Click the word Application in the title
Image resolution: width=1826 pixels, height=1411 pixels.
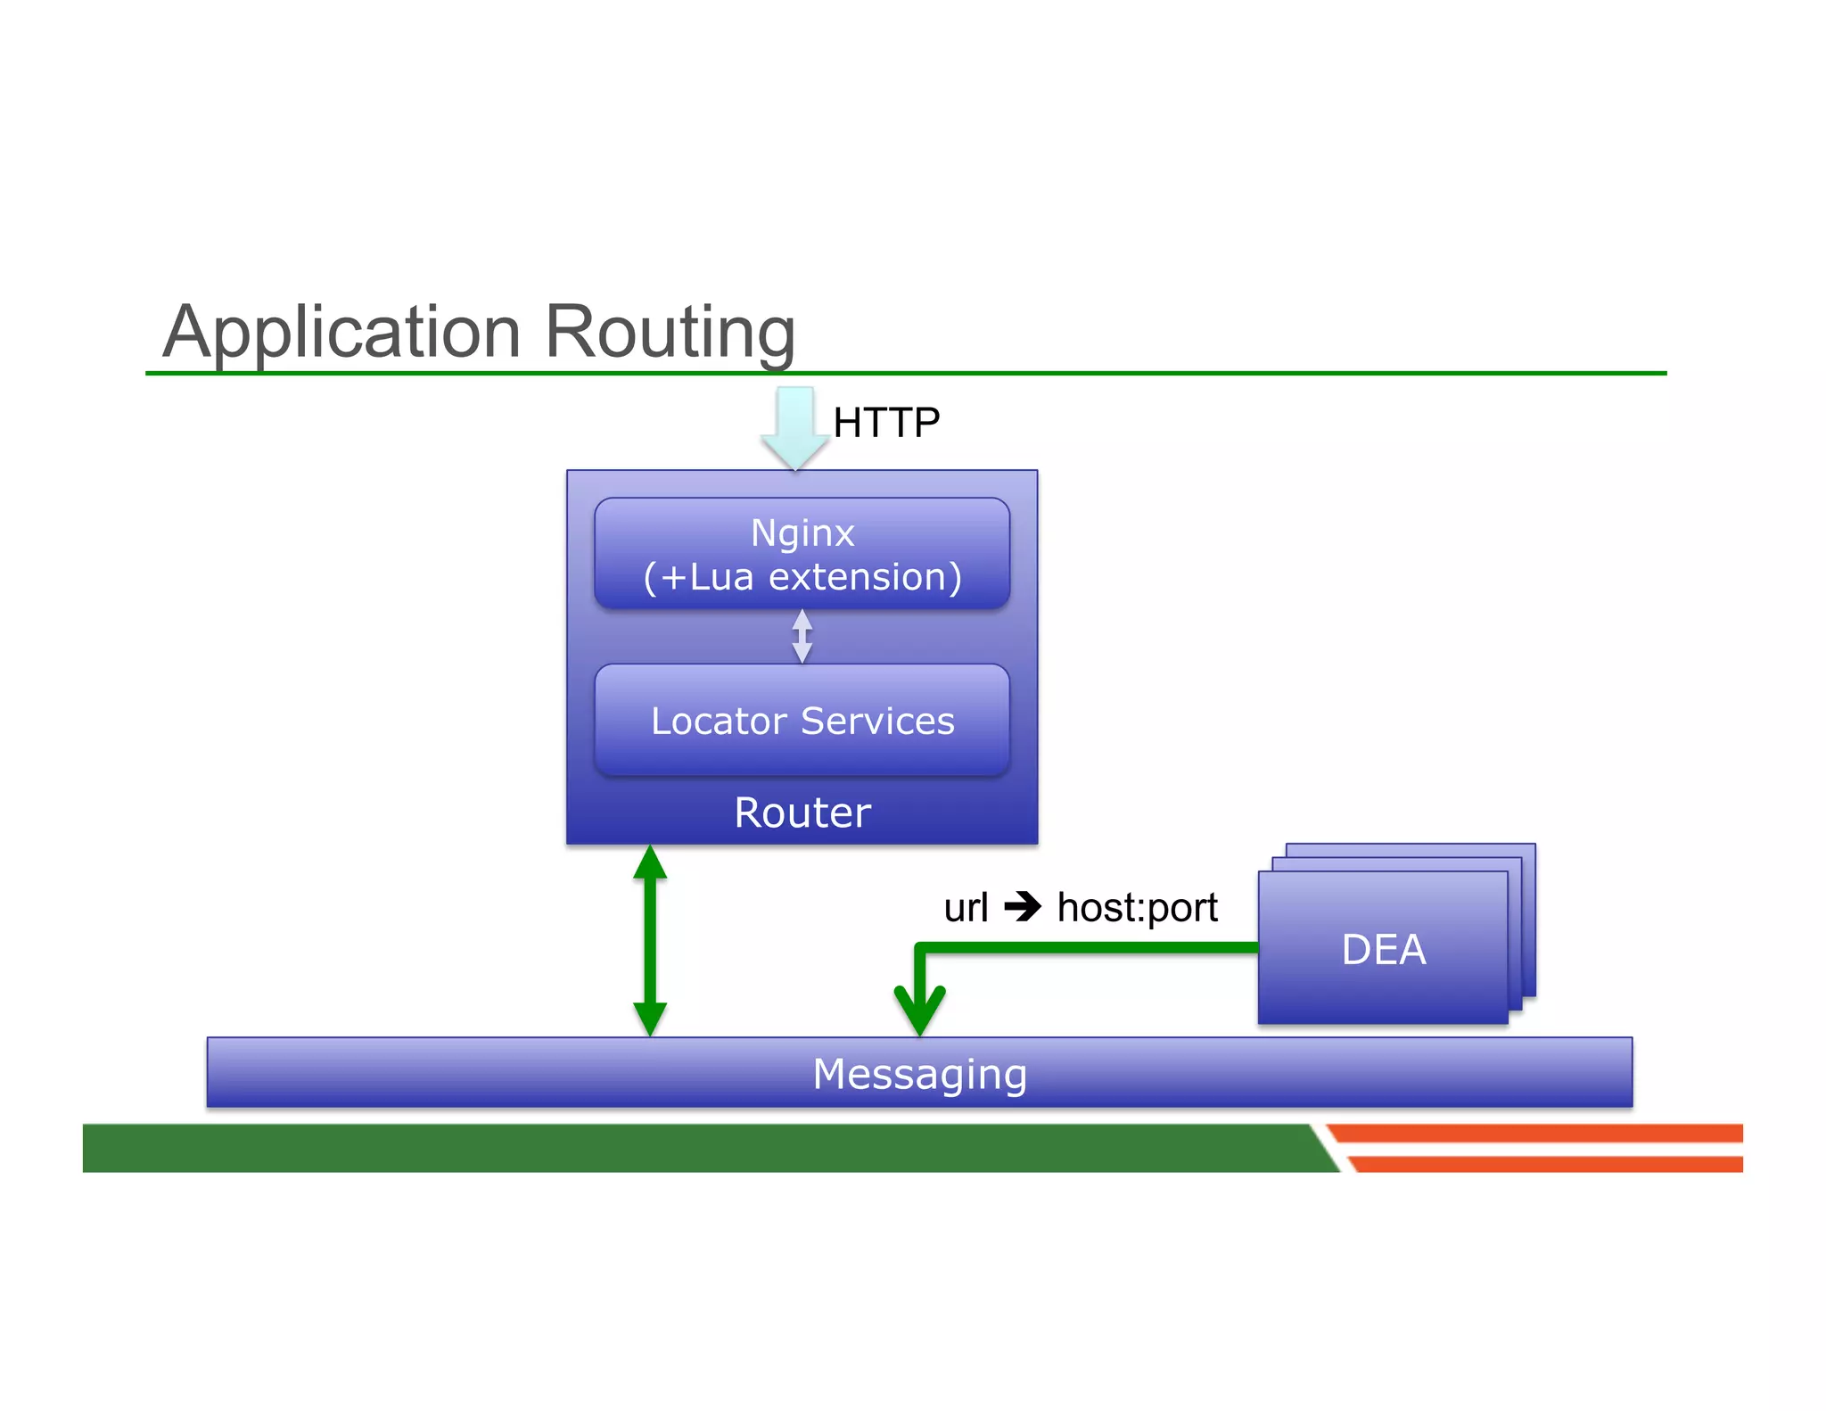point(341,333)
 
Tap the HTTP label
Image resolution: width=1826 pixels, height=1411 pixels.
point(885,423)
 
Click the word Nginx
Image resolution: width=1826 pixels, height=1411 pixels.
point(802,533)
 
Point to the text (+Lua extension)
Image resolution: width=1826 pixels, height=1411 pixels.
point(802,577)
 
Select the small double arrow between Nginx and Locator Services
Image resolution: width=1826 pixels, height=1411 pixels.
point(802,636)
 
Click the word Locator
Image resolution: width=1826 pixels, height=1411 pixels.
point(718,721)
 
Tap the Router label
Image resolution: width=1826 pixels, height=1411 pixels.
point(802,813)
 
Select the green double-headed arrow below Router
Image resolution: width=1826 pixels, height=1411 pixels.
point(650,940)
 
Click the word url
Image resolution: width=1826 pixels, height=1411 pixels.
point(966,908)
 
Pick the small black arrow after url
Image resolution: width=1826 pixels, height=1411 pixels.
point(1023,907)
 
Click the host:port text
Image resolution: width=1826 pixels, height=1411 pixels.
point(1137,908)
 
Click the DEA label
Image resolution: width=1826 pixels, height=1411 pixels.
point(1383,949)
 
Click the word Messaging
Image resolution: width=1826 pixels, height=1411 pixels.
point(919,1073)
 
